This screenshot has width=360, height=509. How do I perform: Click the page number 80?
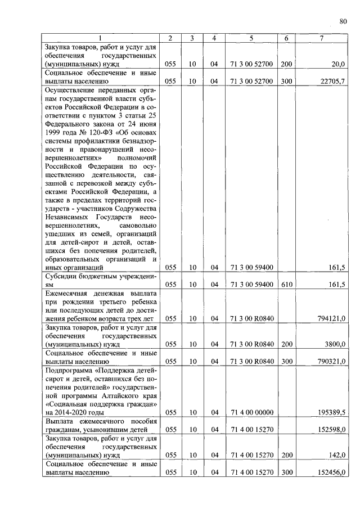[x=343, y=22]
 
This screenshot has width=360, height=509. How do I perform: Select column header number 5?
[x=251, y=38]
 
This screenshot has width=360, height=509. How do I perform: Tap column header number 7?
[x=321, y=38]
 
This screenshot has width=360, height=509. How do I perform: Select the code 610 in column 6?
[x=286, y=285]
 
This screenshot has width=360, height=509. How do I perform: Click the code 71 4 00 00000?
[x=251, y=412]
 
